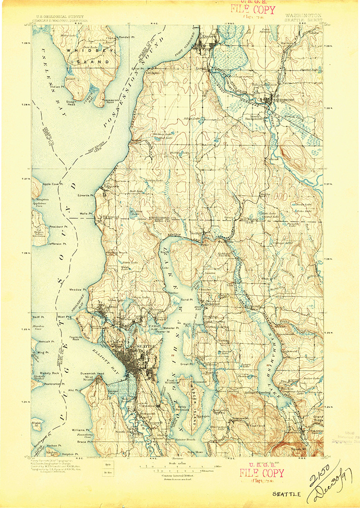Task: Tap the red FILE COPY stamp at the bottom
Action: pos(262,473)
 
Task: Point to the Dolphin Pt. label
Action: pos(70,453)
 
